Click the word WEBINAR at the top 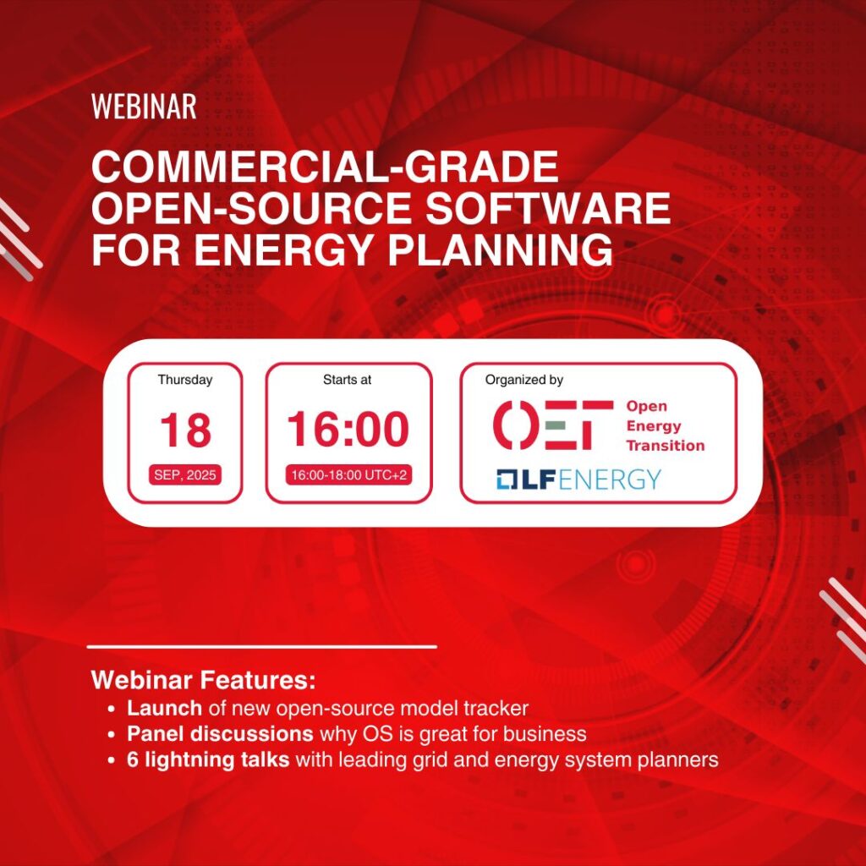pos(144,106)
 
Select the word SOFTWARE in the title pos(548,208)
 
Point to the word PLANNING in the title pos(501,250)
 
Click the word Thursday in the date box pos(185,380)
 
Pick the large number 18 pos(185,430)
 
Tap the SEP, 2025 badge pos(185,475)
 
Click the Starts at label pos(347,380)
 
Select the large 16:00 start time pos(348,429)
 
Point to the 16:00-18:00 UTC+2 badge pos(348,475)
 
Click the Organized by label pos(524,380)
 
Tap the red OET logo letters pos(553,425)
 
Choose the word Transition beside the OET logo pos(666,445)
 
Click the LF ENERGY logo pos(578,479)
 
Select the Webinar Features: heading pos(203,679)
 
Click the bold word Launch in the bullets pos(165,708)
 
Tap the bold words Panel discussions pos(221,733)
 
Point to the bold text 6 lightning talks pos(208,759)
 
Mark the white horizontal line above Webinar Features pos(262,646)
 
